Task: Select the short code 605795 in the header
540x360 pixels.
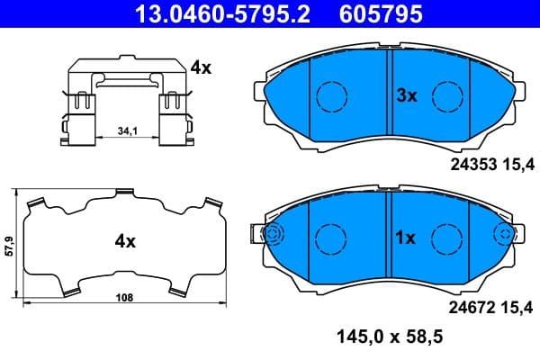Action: click(381, 13)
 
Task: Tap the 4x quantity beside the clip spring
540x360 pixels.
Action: click(200, 67)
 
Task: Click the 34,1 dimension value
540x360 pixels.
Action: click(128, 132)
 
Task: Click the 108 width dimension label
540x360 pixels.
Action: click(124, 297)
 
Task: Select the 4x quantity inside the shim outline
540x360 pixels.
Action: click(124, 241)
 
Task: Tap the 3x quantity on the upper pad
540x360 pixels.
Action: click(407, 95)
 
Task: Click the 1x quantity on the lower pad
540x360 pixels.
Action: click(405, 238)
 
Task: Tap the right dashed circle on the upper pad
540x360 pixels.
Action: click(446, 94)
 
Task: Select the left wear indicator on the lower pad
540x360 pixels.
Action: click(271, 236)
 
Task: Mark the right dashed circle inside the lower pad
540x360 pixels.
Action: click(446, 238)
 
